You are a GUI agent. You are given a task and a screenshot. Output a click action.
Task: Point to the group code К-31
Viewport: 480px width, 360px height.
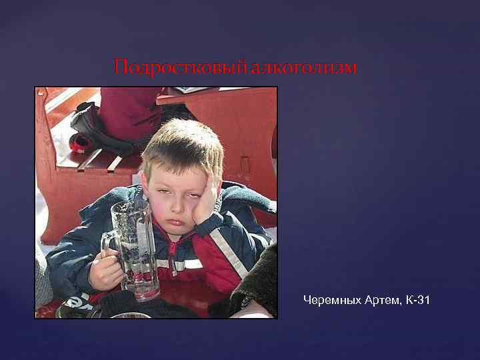coord(416,301)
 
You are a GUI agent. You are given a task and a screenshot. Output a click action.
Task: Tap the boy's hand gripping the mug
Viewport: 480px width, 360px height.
coord(107,270)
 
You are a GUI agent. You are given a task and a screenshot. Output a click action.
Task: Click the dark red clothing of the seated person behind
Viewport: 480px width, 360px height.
coord(127,110)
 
